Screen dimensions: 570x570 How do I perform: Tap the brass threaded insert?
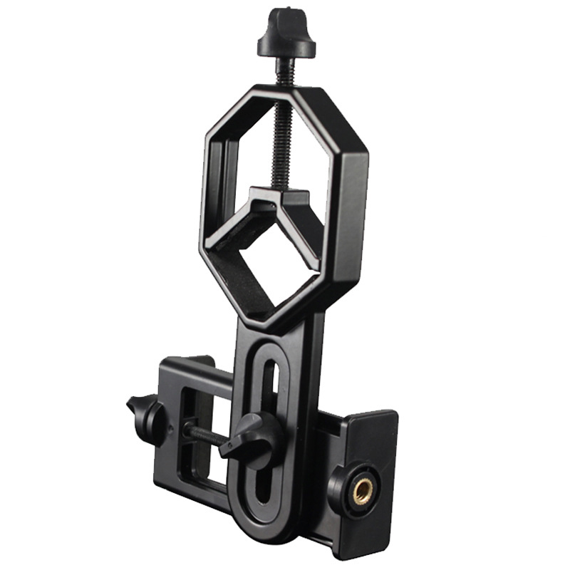pyautogui.click(x=363, y=490)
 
